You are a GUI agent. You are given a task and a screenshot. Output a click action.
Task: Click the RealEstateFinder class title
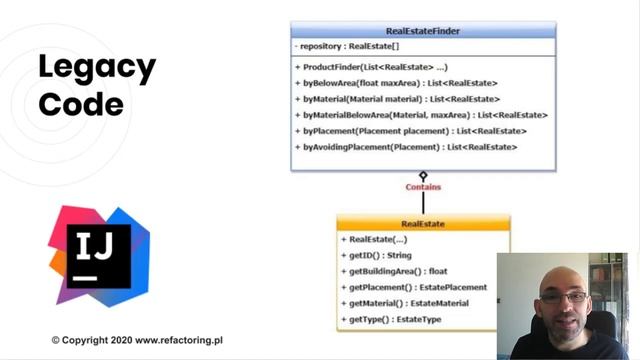coord(422,31)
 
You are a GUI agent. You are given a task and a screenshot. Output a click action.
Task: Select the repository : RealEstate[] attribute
coord(347,46)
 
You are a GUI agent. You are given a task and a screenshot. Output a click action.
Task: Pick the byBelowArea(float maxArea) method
coord(396,82)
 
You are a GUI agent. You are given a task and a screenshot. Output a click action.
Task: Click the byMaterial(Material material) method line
coord(397,98)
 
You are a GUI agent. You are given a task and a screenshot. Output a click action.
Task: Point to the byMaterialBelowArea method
coord(421,115)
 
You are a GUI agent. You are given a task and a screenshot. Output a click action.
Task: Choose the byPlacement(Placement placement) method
coord(410,131)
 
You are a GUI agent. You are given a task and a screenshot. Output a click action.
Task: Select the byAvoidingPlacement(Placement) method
coord(405,147)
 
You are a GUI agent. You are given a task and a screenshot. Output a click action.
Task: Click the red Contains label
coord(423,187)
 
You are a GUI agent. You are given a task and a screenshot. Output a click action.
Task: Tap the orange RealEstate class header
coord(423,224)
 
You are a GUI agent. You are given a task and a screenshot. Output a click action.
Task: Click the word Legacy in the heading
coord(96,69)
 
